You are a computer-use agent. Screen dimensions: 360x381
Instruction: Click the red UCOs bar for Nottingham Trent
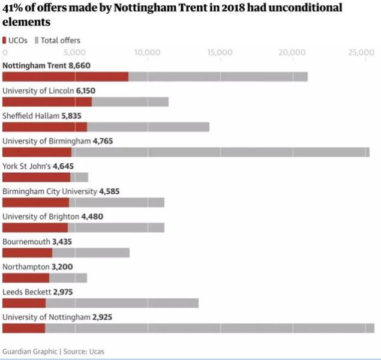65,77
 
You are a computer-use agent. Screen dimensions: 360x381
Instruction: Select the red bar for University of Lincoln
47,102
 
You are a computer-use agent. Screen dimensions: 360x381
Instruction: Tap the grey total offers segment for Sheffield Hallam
148,127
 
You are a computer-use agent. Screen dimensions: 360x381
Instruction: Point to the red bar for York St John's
37,177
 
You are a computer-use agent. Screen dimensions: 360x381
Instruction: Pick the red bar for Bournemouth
28,253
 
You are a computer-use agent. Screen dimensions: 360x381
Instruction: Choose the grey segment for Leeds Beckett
122,303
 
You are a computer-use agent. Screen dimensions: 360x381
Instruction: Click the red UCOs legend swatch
5,41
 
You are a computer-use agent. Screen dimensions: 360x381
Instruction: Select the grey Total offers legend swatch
37,41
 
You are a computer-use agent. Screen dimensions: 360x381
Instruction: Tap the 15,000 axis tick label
220,53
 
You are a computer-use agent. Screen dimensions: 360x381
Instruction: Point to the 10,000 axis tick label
147,53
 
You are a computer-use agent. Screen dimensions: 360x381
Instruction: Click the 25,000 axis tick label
361,53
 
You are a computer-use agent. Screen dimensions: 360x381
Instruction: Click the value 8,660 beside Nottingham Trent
79,65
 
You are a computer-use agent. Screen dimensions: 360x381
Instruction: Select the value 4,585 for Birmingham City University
110,191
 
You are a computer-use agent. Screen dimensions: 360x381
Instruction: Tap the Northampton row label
24,267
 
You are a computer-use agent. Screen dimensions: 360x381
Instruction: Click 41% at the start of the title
13,8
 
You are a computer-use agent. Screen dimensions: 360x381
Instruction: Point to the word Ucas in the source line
88,352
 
